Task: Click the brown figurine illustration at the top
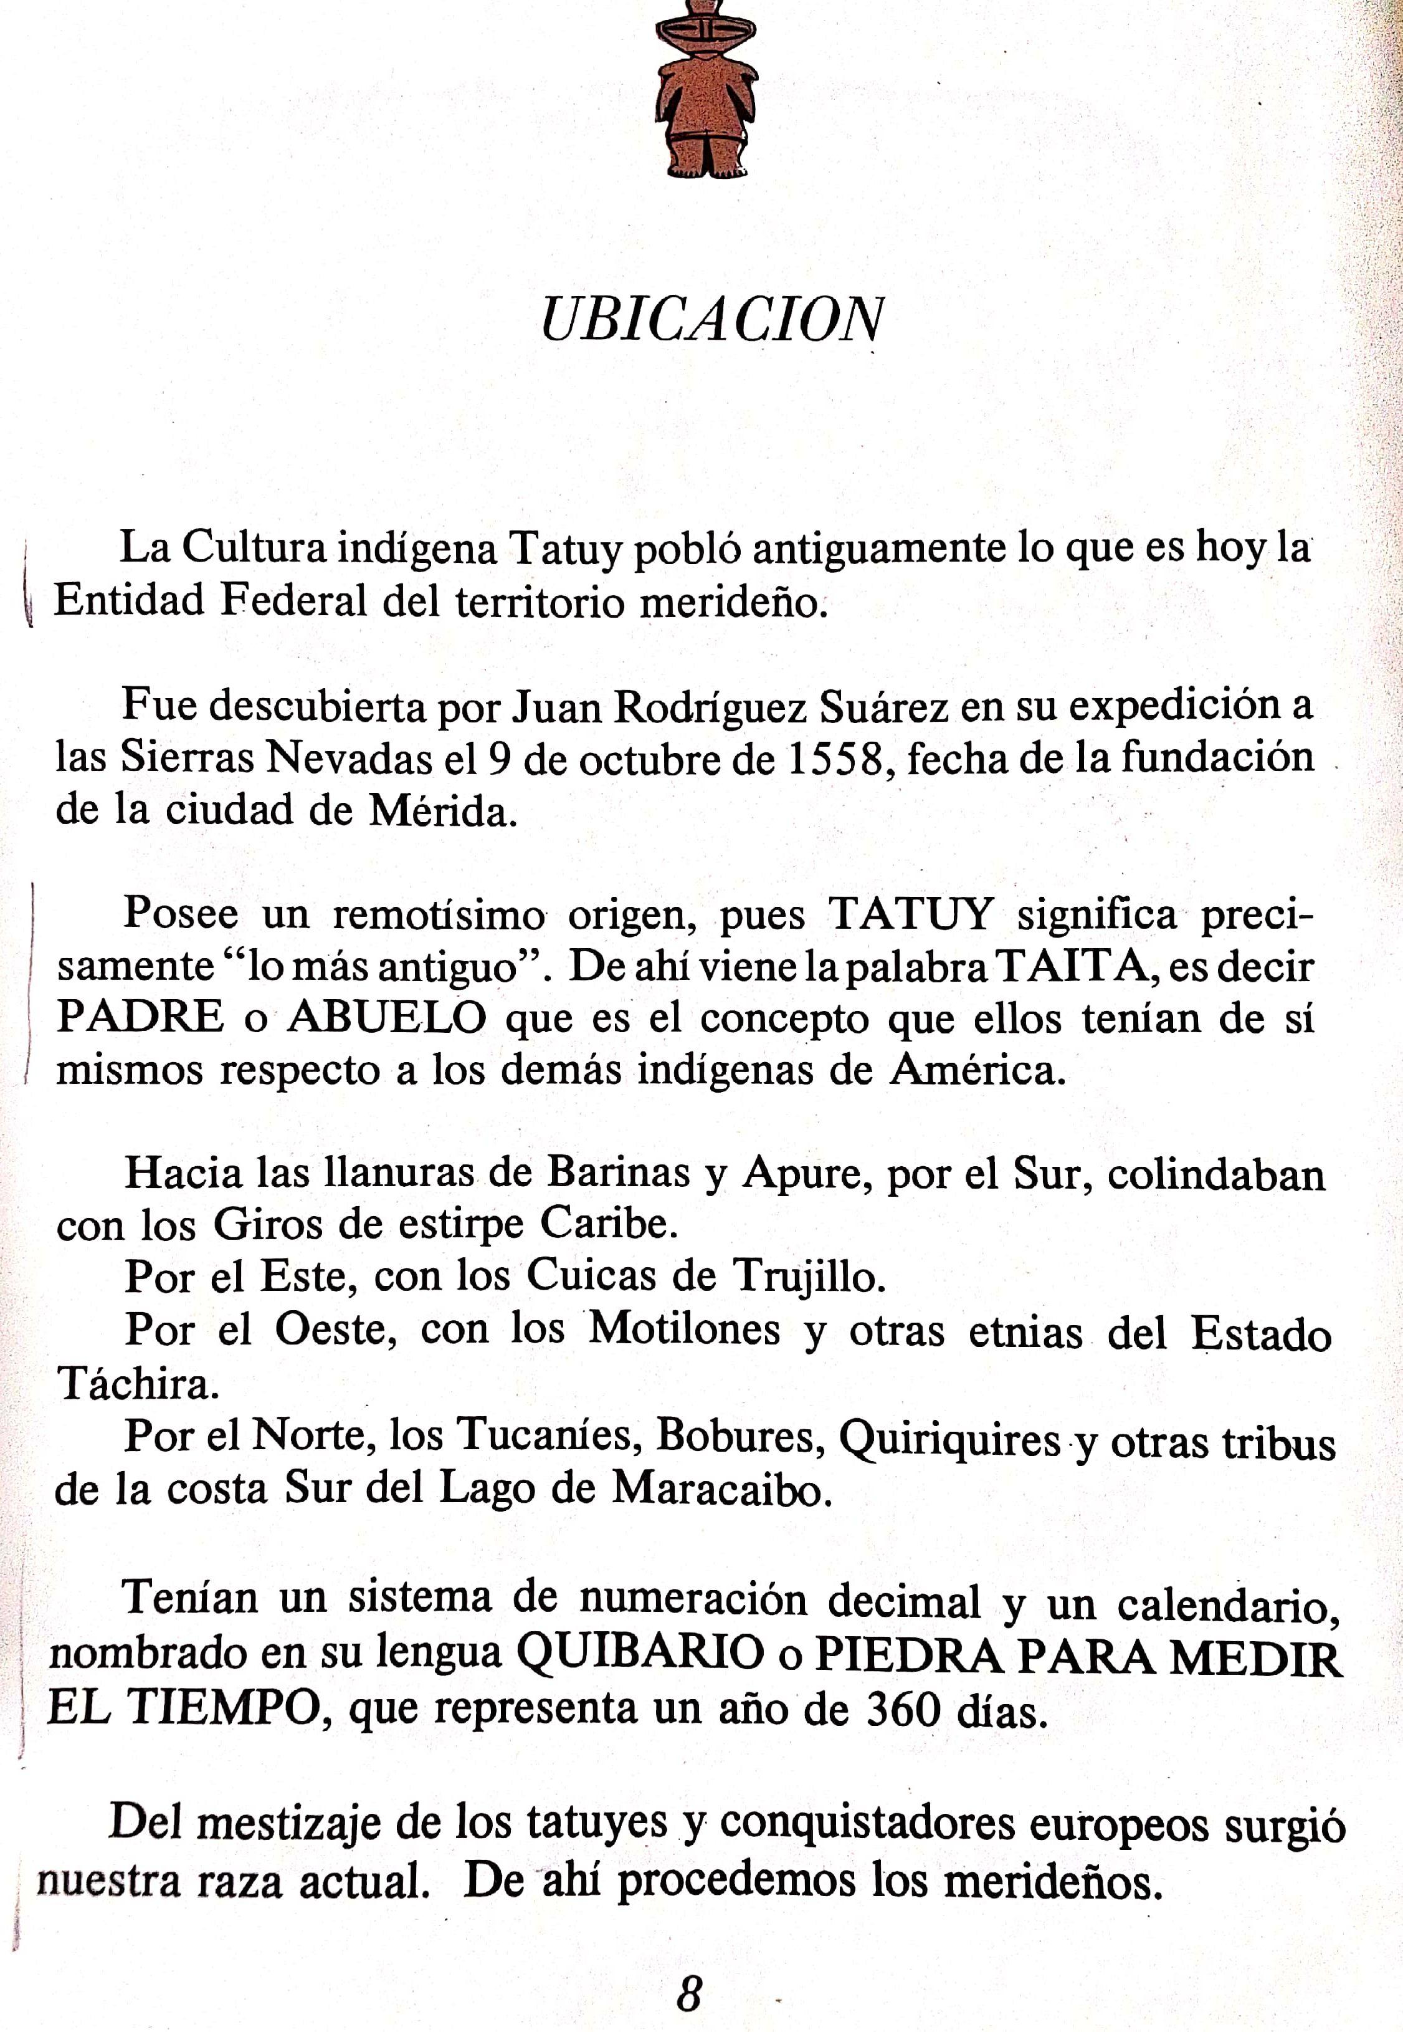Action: point(705,88)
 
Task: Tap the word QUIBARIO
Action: point(639,1653)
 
